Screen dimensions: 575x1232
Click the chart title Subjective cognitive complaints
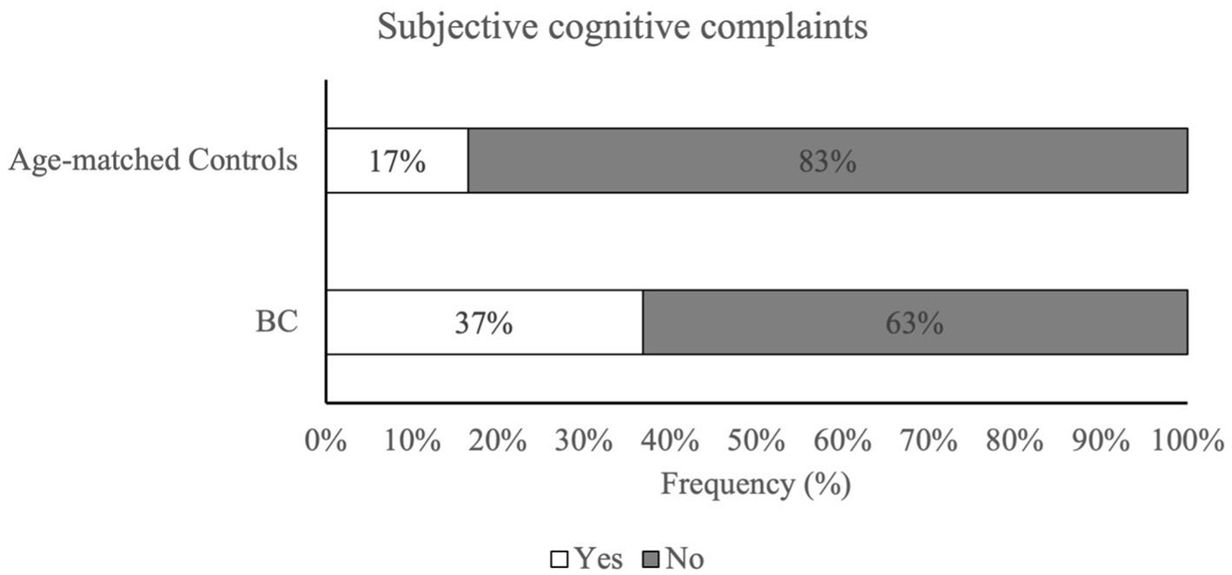[x=622, y=28]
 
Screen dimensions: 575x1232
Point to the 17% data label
[x=397, y=162]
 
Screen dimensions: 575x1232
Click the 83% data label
[x=827, y=162]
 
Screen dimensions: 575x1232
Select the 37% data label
[x=484, y=323]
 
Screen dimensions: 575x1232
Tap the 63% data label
[x=914, y=323]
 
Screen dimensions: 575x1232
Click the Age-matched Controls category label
[x=153, y=161]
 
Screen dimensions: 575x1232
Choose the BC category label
[x=277, y=322]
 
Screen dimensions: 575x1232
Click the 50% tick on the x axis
[x=756, y=440]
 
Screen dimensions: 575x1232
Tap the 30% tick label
[x=584, y=440]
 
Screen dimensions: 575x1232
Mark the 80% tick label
[x=1014, y=440]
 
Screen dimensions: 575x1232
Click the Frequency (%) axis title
[x=755, y=483]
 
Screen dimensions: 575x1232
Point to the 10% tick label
[x=411, y=440]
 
